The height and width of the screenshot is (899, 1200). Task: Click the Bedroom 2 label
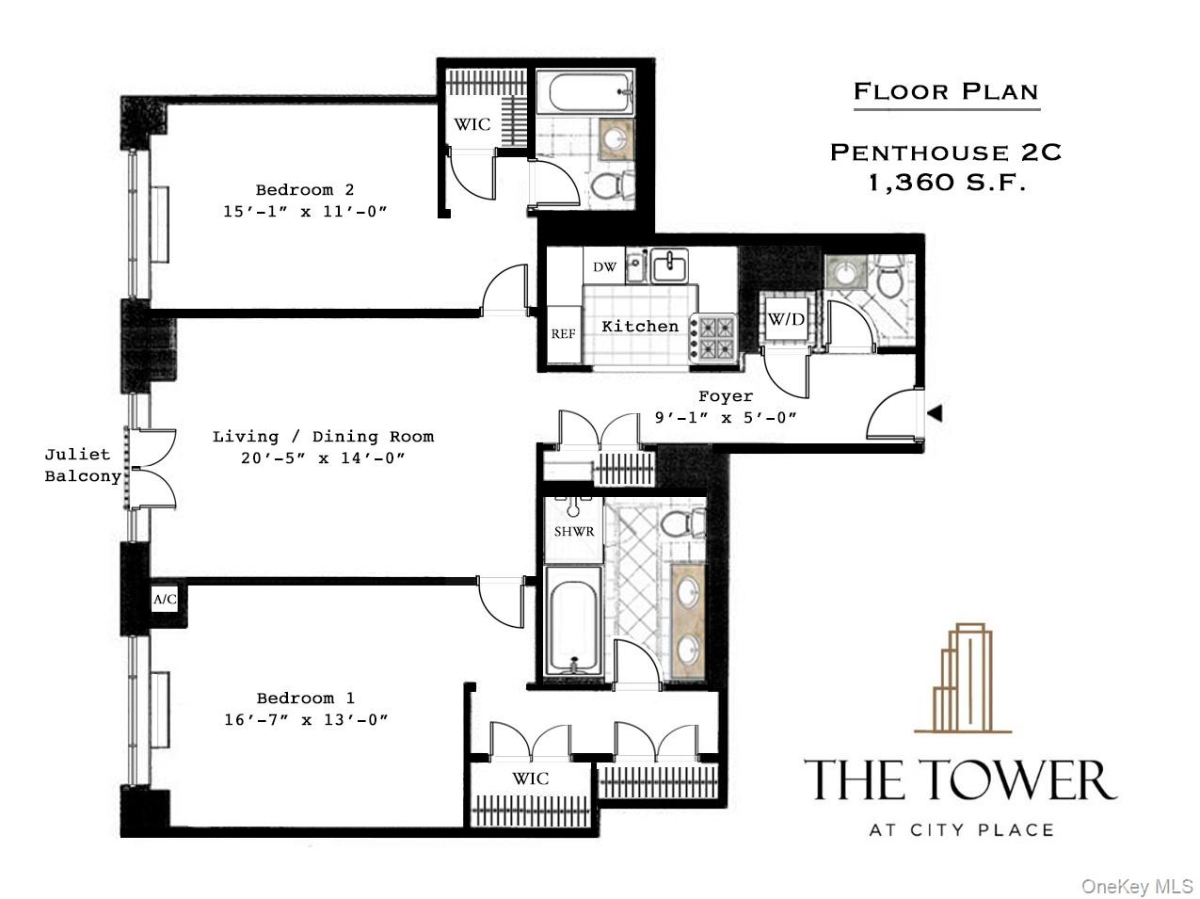305,190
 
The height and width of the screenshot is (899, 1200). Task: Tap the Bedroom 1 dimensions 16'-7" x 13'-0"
305,720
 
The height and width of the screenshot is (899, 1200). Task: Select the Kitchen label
640,327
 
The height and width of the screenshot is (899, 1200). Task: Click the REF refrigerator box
563,334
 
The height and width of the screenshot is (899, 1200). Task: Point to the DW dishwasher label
604,267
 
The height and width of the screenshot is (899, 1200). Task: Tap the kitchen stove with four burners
715,338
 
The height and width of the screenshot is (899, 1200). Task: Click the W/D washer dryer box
786,320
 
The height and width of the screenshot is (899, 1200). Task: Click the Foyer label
725,397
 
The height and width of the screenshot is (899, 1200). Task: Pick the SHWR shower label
573,532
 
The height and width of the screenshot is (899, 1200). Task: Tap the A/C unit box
165,599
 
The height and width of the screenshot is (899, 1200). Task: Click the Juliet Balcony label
83,466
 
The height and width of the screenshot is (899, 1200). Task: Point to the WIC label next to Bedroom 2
472,124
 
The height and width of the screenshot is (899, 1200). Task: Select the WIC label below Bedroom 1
531,779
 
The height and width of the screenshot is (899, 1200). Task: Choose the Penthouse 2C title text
945,153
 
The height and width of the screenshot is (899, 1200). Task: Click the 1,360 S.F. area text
946,183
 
